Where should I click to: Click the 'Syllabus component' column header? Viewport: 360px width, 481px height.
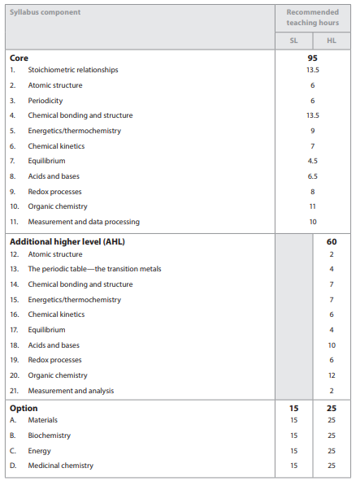(x=46, y=12)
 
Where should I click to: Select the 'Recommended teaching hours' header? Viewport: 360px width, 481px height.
(x=312, y=18)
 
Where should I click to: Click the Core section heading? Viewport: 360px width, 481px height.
(x=19, y=58)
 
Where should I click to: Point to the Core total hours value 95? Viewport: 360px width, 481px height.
(x=312, y=58)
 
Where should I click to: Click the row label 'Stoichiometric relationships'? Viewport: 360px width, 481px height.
(x=73, y=70)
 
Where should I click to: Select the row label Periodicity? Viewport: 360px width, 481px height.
(x=46, y=100)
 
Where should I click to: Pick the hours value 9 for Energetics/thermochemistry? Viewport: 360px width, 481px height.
(x=312, y=131)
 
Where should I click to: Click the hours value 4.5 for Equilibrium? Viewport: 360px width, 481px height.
(x=312, y=161)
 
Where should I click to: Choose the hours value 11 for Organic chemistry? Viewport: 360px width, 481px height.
(x=312, y=206)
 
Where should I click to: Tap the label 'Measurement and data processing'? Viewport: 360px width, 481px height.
(x=84, y=222)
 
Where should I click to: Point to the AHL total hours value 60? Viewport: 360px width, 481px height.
(x=332, y=241)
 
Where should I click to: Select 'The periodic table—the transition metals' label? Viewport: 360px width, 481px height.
(x=95, y=269)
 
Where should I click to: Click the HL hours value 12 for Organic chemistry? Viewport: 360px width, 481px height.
(x=332, y=375)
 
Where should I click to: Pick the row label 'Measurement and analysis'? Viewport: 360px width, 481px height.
(x=72, y=391)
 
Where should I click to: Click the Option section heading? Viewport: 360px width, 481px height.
(x=24, y=408)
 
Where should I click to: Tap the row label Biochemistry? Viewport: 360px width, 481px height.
(x=50, y=435)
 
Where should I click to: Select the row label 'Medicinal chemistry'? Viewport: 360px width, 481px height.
(x=61, y=466)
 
